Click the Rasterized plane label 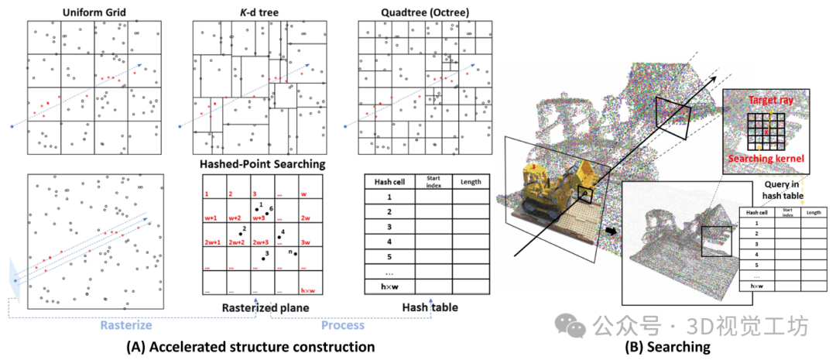[x=261, y=307]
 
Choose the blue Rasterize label [x=126, y=326]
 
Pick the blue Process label [x=342, y=326]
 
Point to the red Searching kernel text [x=768, y=159]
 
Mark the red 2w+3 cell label [x=260, y=242]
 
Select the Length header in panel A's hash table [x=471, y=183]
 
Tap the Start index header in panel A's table [x=433, y=183]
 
